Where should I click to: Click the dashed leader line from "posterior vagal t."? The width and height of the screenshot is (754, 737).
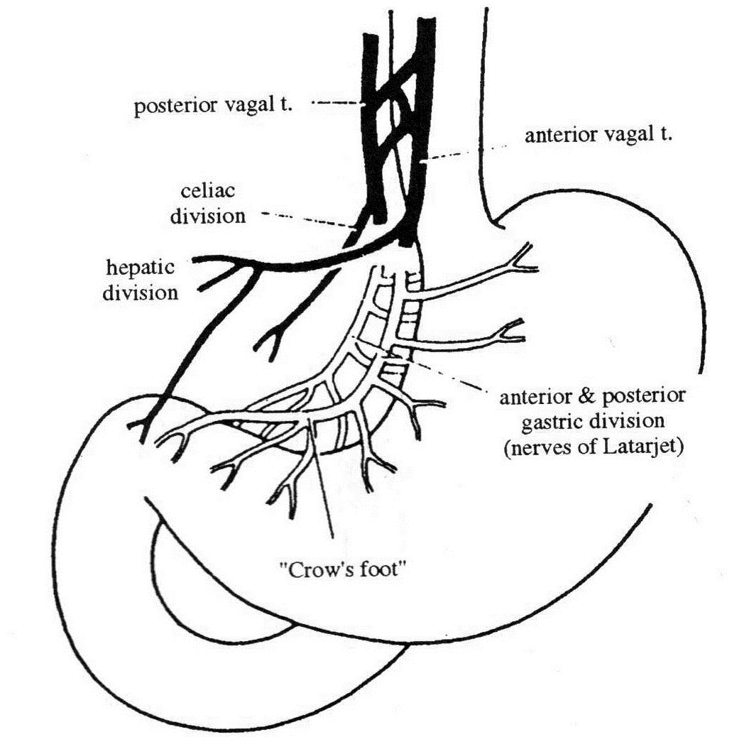point(338,104)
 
